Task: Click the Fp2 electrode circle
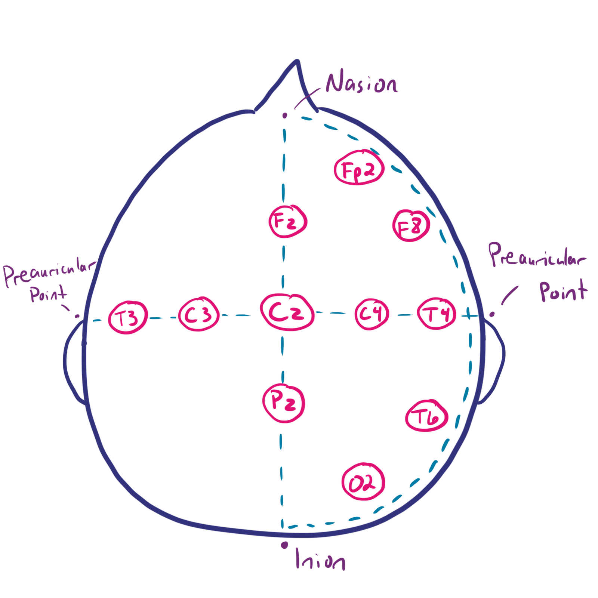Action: pos(359,168)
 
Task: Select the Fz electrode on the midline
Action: pos(288,221)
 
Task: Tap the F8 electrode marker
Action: pos(411,225)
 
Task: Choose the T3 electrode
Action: pos(128,317)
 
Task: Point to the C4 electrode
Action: pos(371,314)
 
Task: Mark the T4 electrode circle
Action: pos(437,314)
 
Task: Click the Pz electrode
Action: pos(284,403)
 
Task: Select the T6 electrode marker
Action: pos(427,416)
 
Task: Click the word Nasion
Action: pos(361,83)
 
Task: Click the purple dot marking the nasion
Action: pos(285,116)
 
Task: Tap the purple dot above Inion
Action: pos(284,545)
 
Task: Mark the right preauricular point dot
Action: pos(492,314)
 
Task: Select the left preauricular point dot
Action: pos(77,316)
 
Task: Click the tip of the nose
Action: pos(298,61)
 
